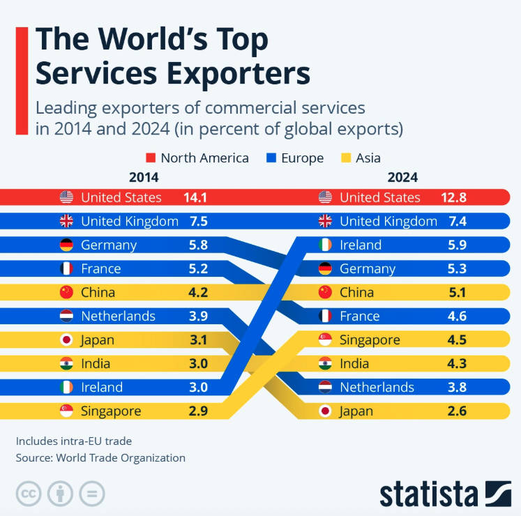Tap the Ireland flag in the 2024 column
pyautogui.click(x=325, y=245)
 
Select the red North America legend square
pyautogui.click(x=151, y=158)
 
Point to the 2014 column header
pyautogui.click(x=144, y=177)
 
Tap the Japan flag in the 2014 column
pyautogui.click(x=66, y=340)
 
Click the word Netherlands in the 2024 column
pyautogui.click(x=377, y=387)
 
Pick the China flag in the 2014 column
pyautogui.click(x=66, y=292)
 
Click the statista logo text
pyautogui.click(x=428, y=493)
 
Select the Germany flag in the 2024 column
pyautogui.click(x=325, y=268)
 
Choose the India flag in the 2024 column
pyautogui.click(x=325, y=363)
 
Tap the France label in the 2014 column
pyautogui.click(x=100, y=268)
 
